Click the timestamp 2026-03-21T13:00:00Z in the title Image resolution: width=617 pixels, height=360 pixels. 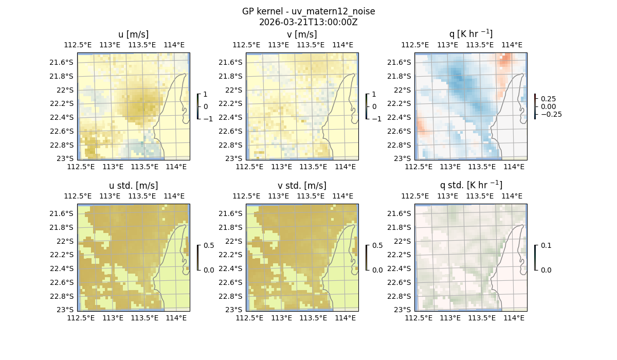[x=308, y=22]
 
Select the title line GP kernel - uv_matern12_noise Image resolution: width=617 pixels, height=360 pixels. [x=308, y=11]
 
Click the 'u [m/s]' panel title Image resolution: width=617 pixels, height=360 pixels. [x=133, y=34]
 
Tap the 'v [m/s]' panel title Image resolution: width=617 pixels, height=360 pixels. [x=302, y=34]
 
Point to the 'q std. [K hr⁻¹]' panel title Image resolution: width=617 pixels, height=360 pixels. [x=470, y=185]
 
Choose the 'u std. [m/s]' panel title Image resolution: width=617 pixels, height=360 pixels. [x=133, y=186]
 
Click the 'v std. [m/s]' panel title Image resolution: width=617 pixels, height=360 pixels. [x=302, y=186]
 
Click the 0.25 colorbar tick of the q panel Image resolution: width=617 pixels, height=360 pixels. [x=549, y=99]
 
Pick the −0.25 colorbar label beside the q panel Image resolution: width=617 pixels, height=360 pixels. [x=551, y=114]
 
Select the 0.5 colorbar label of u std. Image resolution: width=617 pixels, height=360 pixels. [x=209, y=246]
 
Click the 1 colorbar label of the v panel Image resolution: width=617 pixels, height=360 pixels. [x=374, y=95]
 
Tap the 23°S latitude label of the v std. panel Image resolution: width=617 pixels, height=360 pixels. [x=233, y=310]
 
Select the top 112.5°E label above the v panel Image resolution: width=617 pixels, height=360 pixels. [x=246, y=45]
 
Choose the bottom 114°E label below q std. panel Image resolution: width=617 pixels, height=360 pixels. [x=514, y=318]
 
